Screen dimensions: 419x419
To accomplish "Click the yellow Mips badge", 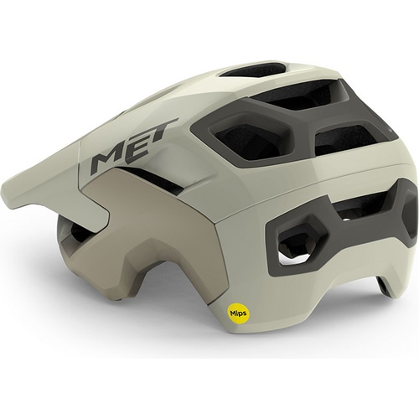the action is point(238,313).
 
